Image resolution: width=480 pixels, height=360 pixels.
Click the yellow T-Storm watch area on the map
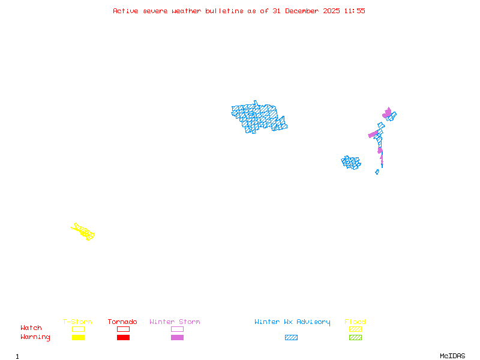pyautogui.click(x=83, y=232)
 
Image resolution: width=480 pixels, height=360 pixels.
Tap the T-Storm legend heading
pyautogui.click(x=77, y=322)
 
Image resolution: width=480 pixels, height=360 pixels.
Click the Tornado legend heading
pyautogui.click(x=122, y=322)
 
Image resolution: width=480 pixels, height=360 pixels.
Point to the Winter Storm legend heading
pyautogui.click(x=175, y=322)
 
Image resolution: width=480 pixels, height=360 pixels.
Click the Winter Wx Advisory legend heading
pyautogui.click(x=292, y=322)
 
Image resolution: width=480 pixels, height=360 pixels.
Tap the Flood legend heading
pyautogui.click(x=355, y=322)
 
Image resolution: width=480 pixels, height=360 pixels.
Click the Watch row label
pyautogui.click(x=31, y=328)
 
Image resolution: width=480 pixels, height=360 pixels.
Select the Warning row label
pyautogui.click(x=35, y=337)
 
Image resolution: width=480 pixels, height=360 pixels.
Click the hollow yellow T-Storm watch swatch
pyautogui.click(x=78, y=329)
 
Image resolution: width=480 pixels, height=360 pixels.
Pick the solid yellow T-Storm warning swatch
pyautogui.click(x=78, y=338)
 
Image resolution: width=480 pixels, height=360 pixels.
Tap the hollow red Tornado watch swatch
pyautogui.click(x=123, y=329)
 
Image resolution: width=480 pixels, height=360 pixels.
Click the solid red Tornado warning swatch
pyautogui.click(x=123, y=338)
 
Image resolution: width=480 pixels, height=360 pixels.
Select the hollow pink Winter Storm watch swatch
pyautogui.click(x=177, y=329)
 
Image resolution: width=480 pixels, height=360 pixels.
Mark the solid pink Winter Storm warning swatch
pyautogui.click(x=177, y=338)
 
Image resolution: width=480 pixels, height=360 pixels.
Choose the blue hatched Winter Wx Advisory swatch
pyautogui.click(x=291, y=338)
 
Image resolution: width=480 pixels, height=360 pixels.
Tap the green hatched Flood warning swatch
pyautogui.click(x=355, y=338)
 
